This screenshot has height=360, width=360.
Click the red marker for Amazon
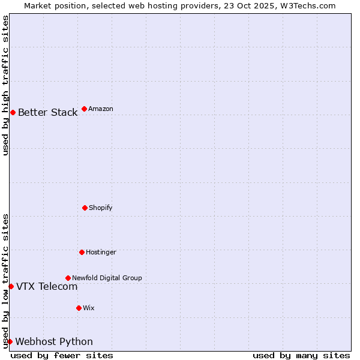pyautogui.click(x=84, y=109)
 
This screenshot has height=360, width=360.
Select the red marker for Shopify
pyautogui.click(x=85, y=208)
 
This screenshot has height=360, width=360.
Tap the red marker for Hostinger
pyautogui.click(x=82, y=252)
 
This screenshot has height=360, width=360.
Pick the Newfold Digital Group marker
pyautogui.click(x=68, y=278)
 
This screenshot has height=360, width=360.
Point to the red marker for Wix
pyautogui.click(x=79, y=308)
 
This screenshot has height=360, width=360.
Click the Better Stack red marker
pyautogui.click(x=13, y=112)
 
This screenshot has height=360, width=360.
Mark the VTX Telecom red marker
pyautogui.click(x=11, y=286)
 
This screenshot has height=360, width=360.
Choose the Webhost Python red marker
pyautogui.click(x=10, y=341)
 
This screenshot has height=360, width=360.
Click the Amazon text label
pyautogui.click(x=101, y=109)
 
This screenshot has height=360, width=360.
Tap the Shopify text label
pyautogui.click(x=101, y=208)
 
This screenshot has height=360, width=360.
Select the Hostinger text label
pyautogui.click(x=101, y=252)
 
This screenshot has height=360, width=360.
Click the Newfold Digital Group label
pyautogui.click(x=107, y=278)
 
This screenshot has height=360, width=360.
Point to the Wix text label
pyautogui.click(x=89, y=308)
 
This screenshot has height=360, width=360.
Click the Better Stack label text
pyautogui.click(x=47, y=112)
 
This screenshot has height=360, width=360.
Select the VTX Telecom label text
pyautogui.click(x=47, y=286)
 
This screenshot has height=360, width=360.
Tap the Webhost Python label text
pyautogui.click(x=54, y=341)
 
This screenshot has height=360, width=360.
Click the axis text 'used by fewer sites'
pyautogui.click(x=62, y=355)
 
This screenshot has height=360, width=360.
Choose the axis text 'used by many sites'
pyautogui.click(x=301, y=355)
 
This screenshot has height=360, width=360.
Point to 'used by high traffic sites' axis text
pyautogui.click(x=5, y=85)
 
